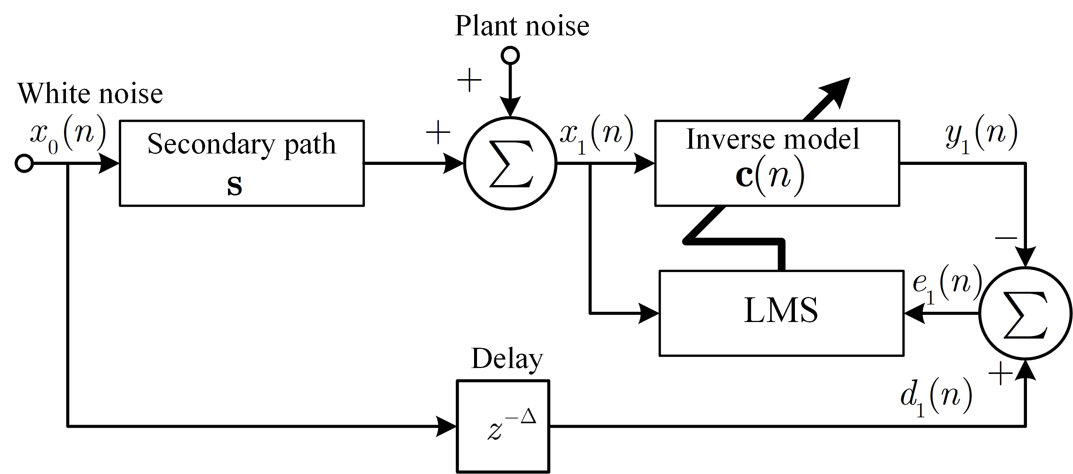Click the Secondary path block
click(242, 163)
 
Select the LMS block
click(781, 313)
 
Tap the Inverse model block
click(777, 163)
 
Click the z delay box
click(503, 426)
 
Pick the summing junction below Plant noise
click(510, 163)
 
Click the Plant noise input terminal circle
click(510, 55)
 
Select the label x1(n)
click(596, 135)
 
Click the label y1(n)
click(981, 135)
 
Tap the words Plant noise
click(522, 26)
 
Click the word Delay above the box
click(507, 358)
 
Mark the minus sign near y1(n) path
click(1006, 238)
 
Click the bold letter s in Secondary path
click(235, 186)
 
